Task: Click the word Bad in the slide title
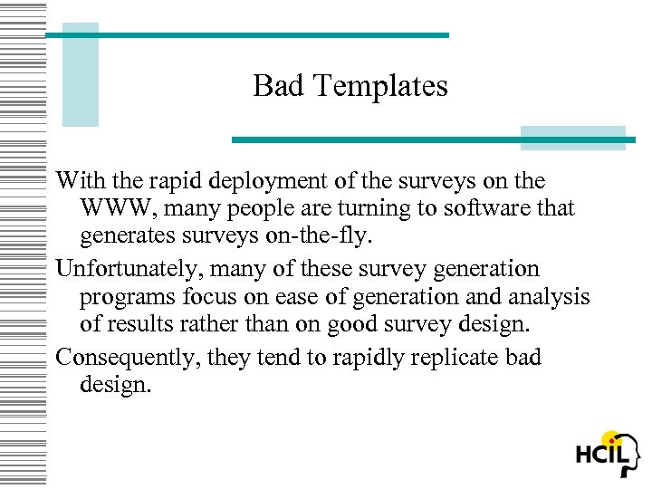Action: (274, 86)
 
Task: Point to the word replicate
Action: (454, 358)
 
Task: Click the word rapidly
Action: (366, 358)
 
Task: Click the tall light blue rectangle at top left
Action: (80, 74)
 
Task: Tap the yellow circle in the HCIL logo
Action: (613, 442)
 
